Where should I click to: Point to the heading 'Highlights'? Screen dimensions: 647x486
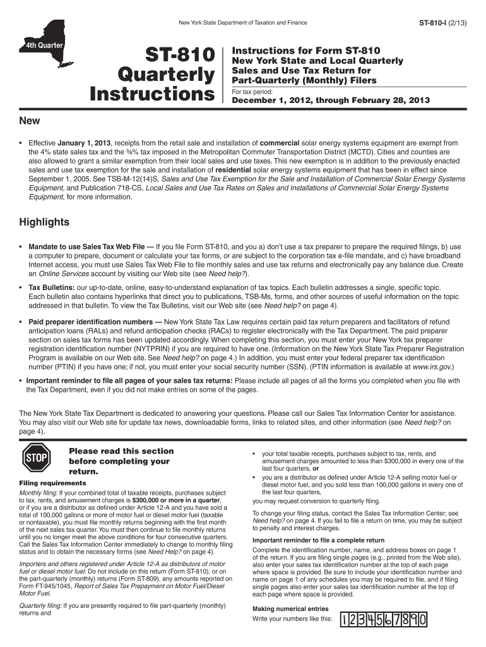point(44,222)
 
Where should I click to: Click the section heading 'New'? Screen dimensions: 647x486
point(30,121)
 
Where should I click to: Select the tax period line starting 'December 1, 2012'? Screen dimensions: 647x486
point(331,100)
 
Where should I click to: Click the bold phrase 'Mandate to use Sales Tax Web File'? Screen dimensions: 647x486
point(86,246)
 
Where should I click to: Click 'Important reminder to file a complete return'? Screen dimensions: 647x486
point(318,540)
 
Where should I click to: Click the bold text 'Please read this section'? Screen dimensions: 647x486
point(121,451)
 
